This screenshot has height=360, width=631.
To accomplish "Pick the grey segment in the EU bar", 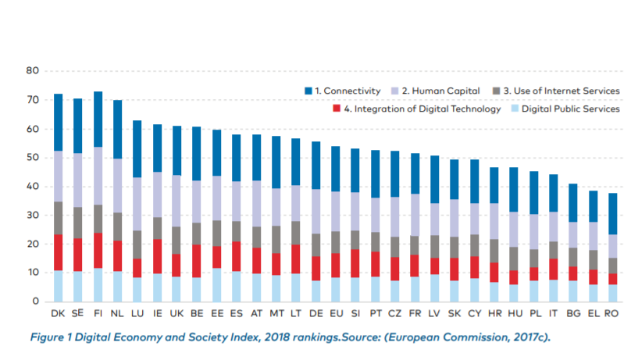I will click(x=336, y=242).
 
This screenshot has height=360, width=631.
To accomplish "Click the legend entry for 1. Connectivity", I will click(x=340, y=92).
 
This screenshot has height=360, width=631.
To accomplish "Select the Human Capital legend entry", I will click(x=440, y=92).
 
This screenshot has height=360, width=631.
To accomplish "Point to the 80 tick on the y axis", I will click(x=32, y=71).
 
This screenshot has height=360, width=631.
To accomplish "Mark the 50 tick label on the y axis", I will click(x=32, y=158).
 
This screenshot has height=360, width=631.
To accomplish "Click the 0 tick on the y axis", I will click(x=35, y=301).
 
